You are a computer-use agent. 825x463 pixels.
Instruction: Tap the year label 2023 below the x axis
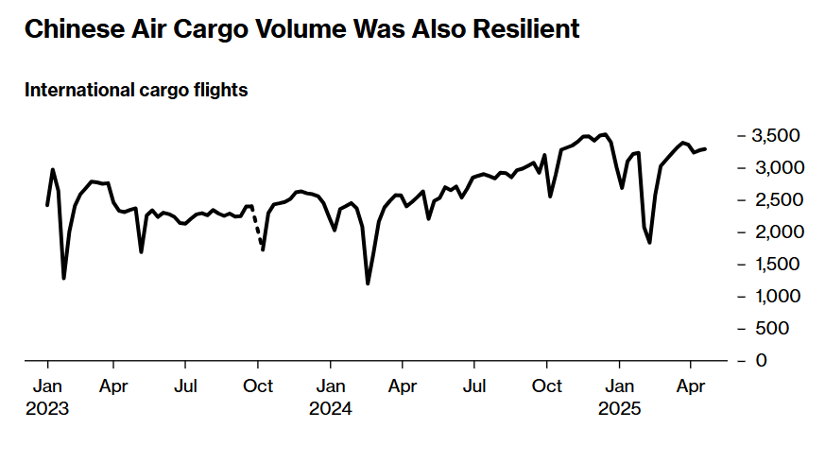tap(48, 410)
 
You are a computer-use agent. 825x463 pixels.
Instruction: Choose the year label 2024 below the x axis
tap(330, 410)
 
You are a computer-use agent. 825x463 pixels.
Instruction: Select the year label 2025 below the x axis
tap(619, 410)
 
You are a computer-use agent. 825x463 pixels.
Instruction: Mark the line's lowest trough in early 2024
tap(368, 283)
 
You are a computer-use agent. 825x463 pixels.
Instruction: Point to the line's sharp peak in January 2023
tap(53, 170)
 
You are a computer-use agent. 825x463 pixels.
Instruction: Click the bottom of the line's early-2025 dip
tap(650, 243)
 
